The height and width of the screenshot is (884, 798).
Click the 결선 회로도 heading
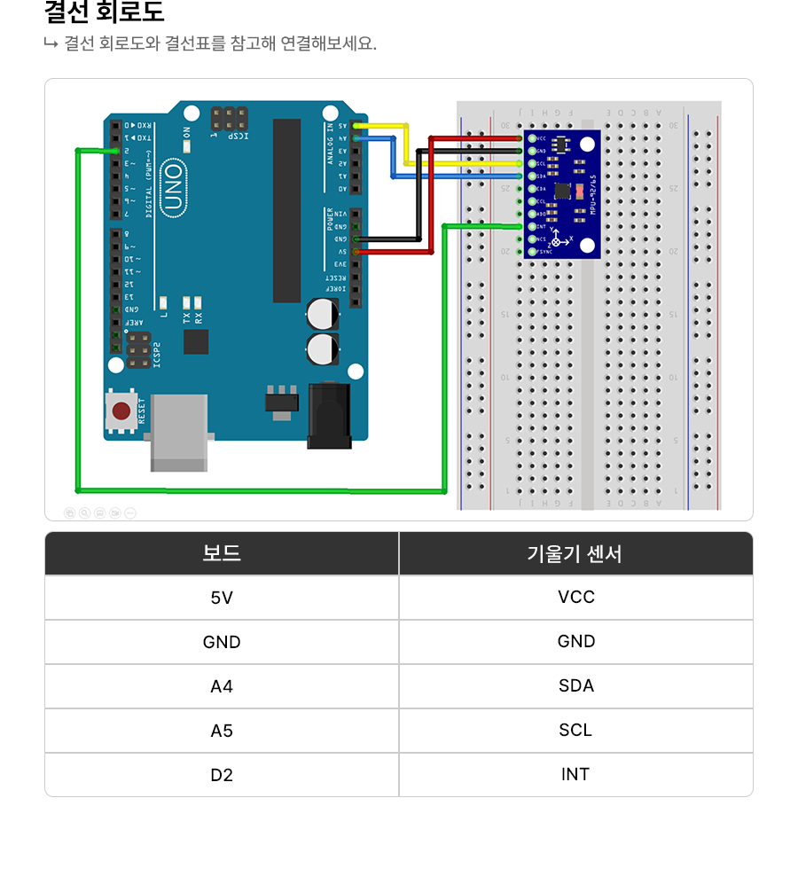pos(105,13)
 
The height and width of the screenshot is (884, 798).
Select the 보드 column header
pos(222,554)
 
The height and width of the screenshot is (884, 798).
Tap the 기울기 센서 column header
pos(575,554)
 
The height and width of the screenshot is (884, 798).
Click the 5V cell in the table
pos(222,598)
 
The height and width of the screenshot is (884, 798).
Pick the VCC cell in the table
pos(575,598)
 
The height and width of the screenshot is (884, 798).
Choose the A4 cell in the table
pos(222,687)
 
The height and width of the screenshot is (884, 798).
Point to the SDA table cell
pos(575,686)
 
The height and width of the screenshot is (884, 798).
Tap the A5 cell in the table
pos(222,731)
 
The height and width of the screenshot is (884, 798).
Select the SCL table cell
pos(575,731)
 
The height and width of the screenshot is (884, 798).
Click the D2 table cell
pos(222,776)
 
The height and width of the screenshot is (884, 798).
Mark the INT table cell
pos(575,775)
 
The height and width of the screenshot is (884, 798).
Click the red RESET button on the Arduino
pos(122,411)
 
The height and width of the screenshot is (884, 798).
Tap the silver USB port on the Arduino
pos(179,433)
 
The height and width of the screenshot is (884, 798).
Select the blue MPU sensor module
pos(564,194)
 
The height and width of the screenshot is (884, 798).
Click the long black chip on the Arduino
pos(286,210)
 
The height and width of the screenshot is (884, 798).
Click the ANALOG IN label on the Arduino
pos(331,144)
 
